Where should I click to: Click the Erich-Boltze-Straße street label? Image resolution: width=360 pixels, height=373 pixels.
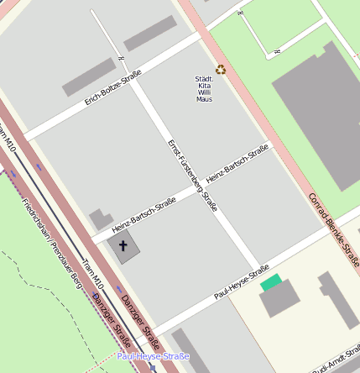point(113,87)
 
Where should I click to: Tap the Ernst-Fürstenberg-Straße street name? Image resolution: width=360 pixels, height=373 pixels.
point(192,174)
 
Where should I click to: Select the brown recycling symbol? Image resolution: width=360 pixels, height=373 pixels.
point(221,70)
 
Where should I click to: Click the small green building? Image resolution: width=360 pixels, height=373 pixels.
point(270,282)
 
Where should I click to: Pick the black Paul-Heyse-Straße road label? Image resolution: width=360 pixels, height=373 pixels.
point(247,282)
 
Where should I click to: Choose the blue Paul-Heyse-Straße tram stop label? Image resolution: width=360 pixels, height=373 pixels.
point(154,356)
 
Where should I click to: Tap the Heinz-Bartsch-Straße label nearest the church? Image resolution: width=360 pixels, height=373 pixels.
point(143,214)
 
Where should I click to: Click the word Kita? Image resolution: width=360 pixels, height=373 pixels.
point(204,86)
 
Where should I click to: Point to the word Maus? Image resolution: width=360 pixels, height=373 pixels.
point(204,99)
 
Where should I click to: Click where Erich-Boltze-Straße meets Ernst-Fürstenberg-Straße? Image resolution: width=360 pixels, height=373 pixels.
point(134,74)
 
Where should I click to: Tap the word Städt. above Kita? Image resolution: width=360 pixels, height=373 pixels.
point(204,79)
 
